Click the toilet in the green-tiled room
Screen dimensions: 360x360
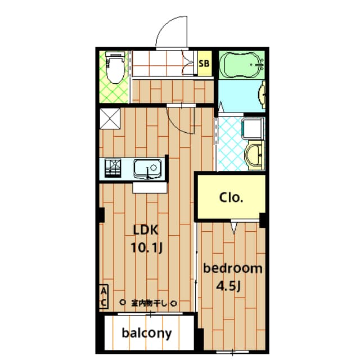115,67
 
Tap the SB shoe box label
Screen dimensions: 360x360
204,64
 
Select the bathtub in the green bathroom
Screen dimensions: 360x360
241,65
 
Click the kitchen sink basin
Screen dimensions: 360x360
147,169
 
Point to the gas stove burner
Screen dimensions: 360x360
113,168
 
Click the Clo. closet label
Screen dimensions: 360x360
231,197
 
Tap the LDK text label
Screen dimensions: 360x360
146,230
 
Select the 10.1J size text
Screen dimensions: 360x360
147,248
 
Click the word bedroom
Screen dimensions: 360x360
232,268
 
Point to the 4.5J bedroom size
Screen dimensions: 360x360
228,286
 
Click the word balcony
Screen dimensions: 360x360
147,334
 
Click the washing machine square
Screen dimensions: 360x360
253,129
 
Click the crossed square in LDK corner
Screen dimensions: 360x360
110,119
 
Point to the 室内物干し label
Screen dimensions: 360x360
148,303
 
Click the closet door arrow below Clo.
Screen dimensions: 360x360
234,228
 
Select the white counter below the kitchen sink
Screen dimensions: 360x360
150,188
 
